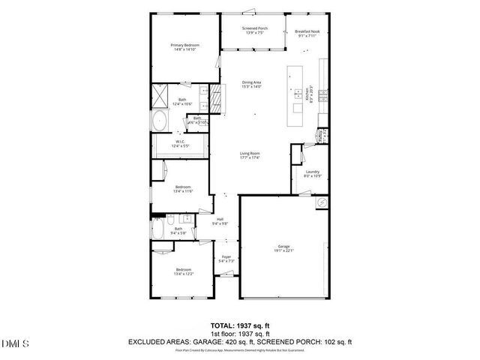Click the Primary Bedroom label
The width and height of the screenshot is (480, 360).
pyautogui.click(x=182, y=45)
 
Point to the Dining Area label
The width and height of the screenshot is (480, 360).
pyautogui.click(x=251, y=82)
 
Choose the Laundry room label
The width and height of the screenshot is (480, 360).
pyautogui.click(x=313, y=172)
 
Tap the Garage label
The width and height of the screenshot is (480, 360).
pyautogui.click(x=283, y=247)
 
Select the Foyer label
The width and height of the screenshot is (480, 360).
pyautogui.click(x=226, y=257)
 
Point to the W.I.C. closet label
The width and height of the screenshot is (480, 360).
pyautogui.click(x=180, y=140)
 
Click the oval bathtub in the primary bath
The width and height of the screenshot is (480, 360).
pyautogui.click(x=160, y=121)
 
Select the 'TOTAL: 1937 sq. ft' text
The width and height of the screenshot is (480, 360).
pyautogui.click(x=239, y=325)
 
